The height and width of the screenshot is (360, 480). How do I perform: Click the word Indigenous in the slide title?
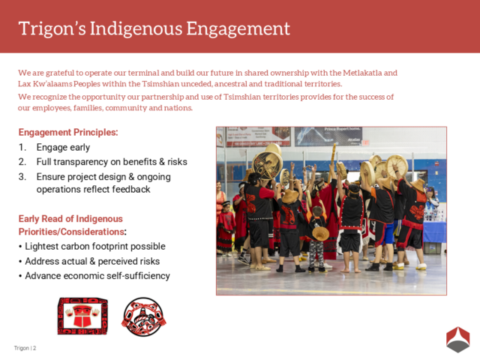(143, 28)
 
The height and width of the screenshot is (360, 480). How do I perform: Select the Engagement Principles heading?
(68, 133)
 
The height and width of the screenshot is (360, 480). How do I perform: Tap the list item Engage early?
(63, 148)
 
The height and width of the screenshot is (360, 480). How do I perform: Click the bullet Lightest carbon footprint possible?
(94, 247)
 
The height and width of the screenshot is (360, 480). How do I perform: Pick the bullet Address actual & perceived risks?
(92, 261)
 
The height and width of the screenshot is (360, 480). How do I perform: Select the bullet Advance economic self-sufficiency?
(97, 276)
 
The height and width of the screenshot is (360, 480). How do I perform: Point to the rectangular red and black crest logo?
(82, 316)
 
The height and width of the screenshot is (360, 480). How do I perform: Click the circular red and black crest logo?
(144, 316)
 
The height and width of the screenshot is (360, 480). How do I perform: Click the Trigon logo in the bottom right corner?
(457, 339)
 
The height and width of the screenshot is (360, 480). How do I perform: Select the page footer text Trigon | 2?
(25, 348)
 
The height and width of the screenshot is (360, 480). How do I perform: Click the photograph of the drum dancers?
(331, 210)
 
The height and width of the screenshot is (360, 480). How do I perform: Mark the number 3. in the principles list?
(22, 177)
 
